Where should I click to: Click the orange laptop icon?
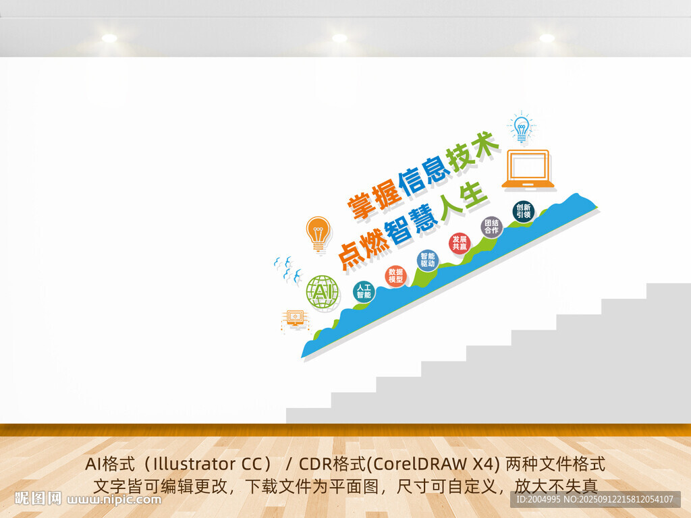pos(528,169)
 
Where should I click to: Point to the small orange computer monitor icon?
pos(295,320)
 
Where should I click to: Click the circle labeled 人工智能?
pos(364,291)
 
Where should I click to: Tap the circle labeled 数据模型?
pos(395,276)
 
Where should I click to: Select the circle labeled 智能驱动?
pos(427,260)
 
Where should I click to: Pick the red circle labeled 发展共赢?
pos(460,243)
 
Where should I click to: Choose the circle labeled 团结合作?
pos(491,227)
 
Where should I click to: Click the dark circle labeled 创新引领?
pos(524,211)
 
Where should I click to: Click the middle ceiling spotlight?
pos(339,38)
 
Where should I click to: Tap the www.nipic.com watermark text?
pos(114,500)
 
